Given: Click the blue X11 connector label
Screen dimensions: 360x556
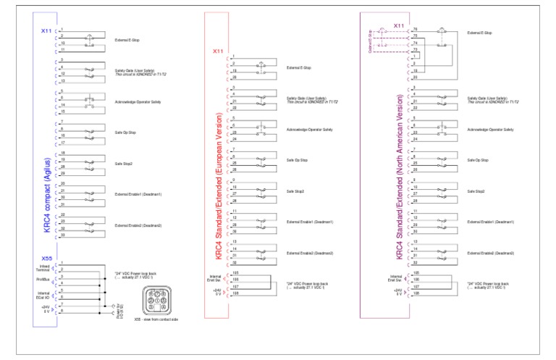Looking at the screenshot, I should tap(46, 31).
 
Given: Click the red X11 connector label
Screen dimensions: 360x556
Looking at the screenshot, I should tap(218, 51).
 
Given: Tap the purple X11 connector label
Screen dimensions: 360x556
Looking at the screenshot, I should tap(398, 26).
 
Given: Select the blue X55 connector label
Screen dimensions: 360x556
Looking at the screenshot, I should tap(46, 258).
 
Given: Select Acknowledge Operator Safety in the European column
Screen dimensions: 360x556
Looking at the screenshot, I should tap(310, 129).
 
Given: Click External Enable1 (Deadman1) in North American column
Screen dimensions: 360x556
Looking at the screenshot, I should tap(491, 222).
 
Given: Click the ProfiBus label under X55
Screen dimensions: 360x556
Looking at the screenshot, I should tap(43, 279).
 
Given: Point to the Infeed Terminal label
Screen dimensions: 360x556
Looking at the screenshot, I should tap(43, 268).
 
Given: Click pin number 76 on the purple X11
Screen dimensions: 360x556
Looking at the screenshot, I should tap(416, 30).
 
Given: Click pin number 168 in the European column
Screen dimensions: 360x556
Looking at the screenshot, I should tap(235, 293).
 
